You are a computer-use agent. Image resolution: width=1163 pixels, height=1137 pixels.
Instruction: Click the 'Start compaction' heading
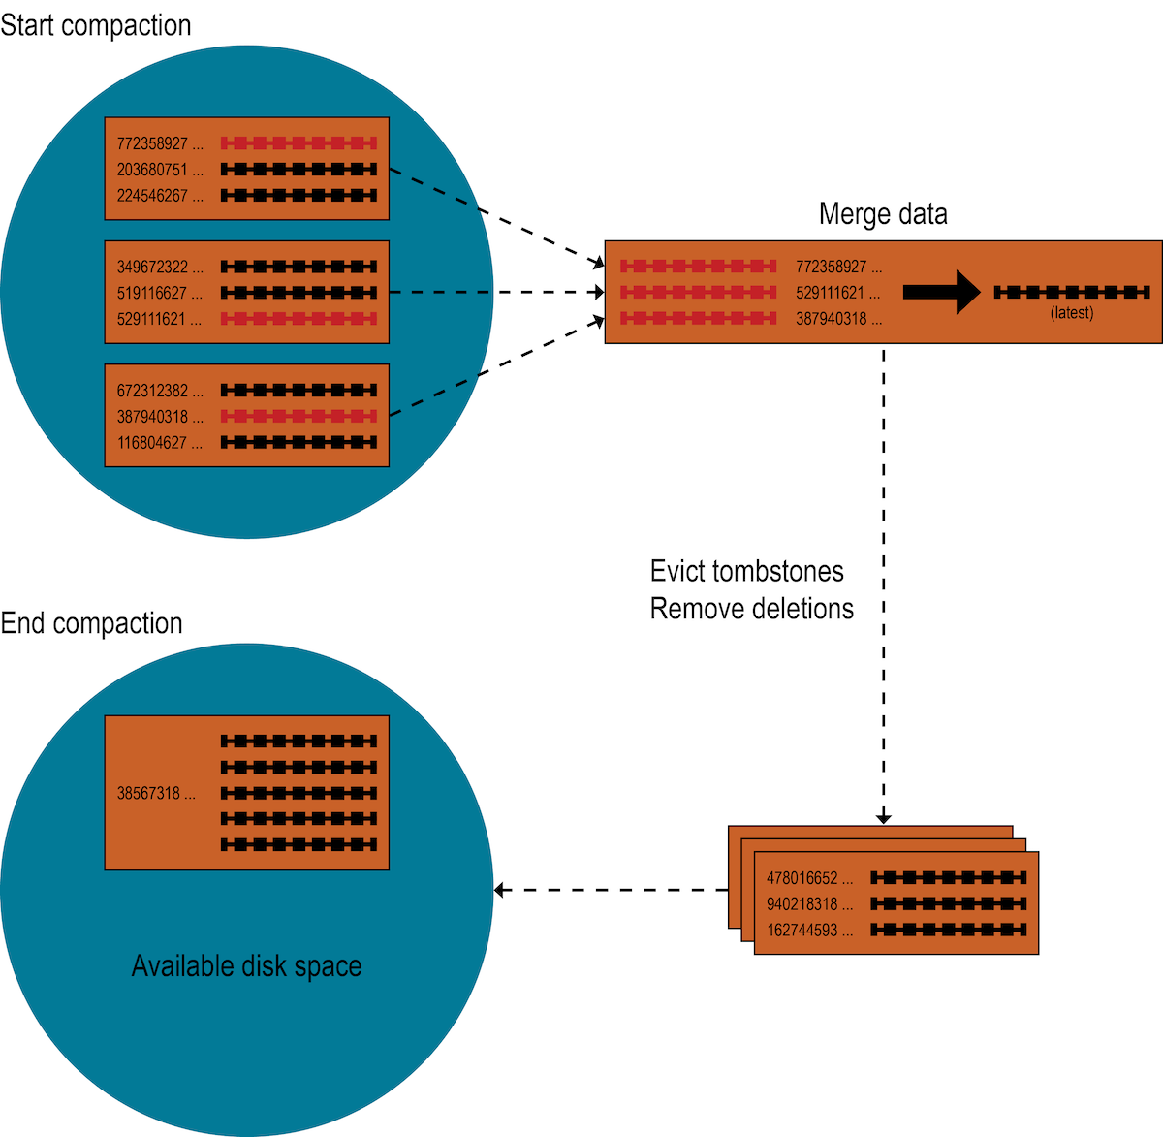(x=96, y=25)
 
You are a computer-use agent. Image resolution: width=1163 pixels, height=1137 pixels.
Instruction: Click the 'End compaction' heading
(x=92, y=623)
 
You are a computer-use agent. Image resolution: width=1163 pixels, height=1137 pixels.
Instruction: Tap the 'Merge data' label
(x=883, y=214)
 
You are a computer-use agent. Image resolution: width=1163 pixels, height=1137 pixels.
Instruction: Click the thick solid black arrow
(x=941, y=292)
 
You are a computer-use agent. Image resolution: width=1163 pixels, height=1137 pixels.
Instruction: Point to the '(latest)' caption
(x=1072, y=313)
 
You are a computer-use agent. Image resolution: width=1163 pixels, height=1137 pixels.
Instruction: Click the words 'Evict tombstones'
(x=746, y=571)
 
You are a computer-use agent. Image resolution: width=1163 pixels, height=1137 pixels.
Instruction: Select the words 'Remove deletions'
(x=751, y=609)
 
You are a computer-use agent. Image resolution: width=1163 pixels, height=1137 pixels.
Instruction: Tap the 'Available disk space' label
(x=246, y=966)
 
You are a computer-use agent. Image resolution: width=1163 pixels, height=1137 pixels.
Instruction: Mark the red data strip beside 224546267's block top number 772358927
(x=299, y=143)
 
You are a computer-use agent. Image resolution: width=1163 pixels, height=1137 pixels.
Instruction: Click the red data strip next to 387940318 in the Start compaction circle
(x=299, y=417)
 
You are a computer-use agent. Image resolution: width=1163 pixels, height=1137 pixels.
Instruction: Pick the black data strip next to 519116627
(x=299, y=293)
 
